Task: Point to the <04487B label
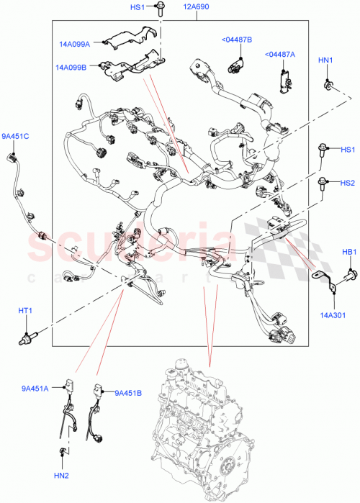(236, 40)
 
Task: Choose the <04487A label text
(279, 54)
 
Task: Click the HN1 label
(325, 61)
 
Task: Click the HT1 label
(25, 310)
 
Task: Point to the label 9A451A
(35, 389)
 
